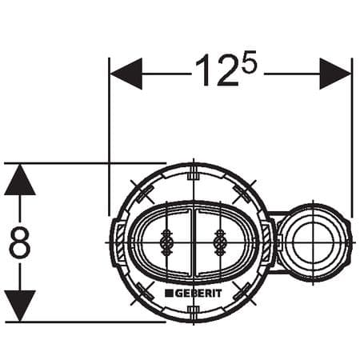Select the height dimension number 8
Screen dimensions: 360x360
click(20, 243)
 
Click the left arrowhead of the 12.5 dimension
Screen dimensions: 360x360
click(126, 74)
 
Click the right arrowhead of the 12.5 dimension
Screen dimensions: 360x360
click(335, 74)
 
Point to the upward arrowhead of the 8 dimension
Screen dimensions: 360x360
click(20, 180)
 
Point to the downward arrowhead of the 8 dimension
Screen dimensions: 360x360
click(20, 306)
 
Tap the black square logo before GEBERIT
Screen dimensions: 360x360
click(170, 294)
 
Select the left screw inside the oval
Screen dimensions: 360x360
click(167, 241)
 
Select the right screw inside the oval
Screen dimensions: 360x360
click(218, 241)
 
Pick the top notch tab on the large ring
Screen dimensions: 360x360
click(192, 171)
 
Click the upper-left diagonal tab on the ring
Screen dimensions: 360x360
click(141, 192)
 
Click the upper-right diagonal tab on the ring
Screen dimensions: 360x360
click(245, 192)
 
